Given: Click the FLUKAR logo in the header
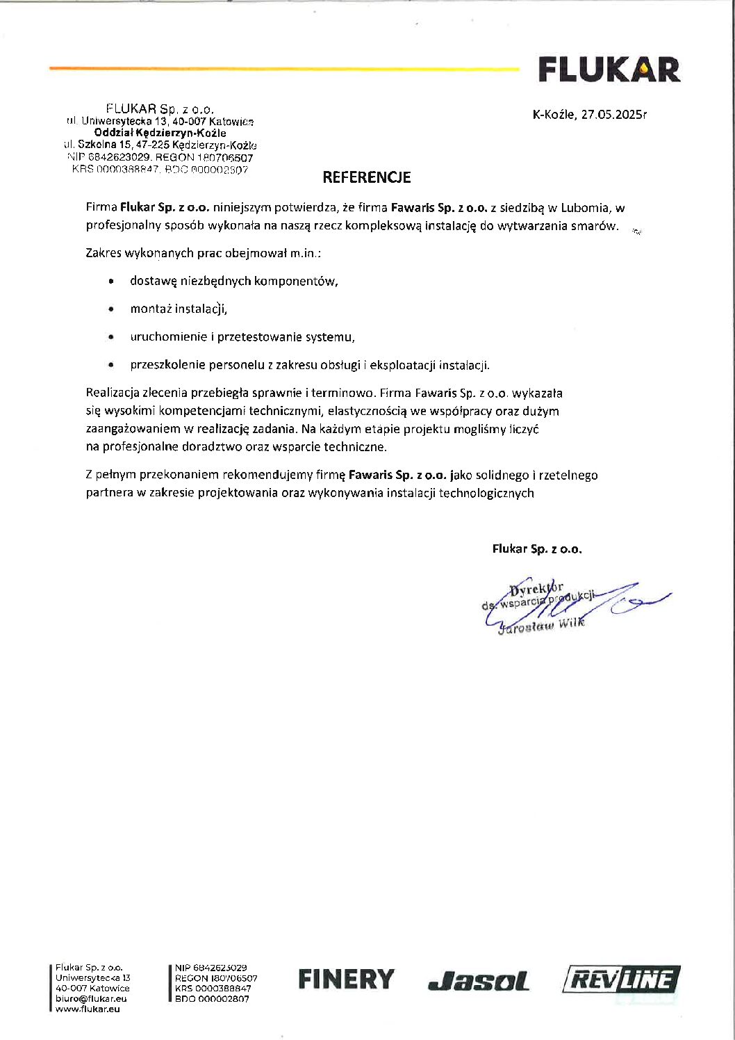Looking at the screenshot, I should pyautogui.click(x=609, y=70).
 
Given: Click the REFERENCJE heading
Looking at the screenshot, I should pyautogui.click(x=366, y=177).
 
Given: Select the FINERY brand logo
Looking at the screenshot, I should pyautogui.click(x=346, y=980).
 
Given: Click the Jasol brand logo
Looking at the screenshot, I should pyautogui.click(x=479, y=982).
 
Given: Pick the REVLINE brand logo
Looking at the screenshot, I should pyautogui.click(x=620, y=980).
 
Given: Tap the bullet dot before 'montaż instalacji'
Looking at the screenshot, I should pyautogui.click(x=111, y=309).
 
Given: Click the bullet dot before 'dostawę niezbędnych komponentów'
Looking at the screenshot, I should pyautogui.click(x=111, y=282).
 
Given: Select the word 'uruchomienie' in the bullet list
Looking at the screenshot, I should pyautogui.click(x=163, y=337).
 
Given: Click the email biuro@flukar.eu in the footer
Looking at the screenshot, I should pyautogui.click(x=91, y=998).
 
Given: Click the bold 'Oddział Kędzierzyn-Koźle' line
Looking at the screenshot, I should pyautogui.click(x=160, y=133).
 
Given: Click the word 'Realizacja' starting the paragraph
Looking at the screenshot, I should pyautogui.click(x=113, y=393).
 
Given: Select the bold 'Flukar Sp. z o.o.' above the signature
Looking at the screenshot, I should pyautogui.click(x=537, y=549).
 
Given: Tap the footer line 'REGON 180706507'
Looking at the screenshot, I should pyautogui.click(x=216, y=977).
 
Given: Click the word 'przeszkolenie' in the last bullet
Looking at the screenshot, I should pyautogui.click(x=163, y=365).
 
